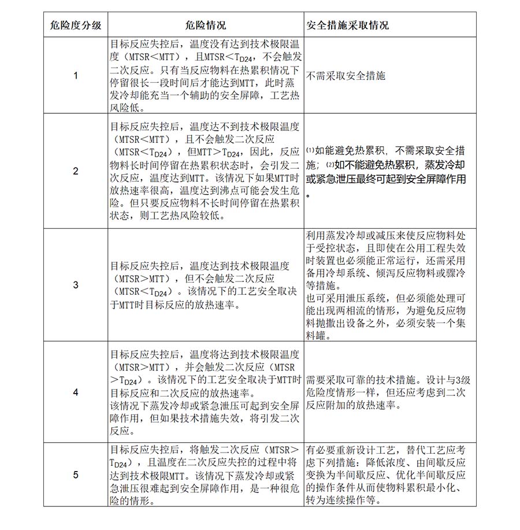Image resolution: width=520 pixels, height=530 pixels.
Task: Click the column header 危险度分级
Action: pyautogui.click(x=76, y=26)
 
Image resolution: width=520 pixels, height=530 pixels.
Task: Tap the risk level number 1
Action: pyautogui.click(x=76, y=75)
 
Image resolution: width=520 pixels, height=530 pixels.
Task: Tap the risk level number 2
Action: pyautogui.click(x=76, y=171)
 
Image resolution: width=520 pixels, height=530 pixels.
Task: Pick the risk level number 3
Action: pyautogui.click(x=76, y=285)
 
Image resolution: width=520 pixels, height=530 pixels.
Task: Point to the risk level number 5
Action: pyautogui.click(x=76, y=475)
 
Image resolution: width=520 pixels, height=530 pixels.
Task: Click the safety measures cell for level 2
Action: pyautogui.click(x=390, y=171)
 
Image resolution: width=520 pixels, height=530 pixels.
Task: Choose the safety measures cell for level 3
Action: pyautogui.click(x=390, y=285)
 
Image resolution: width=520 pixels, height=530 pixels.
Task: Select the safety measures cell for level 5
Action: pyautogui.click(x=390, y=475)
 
